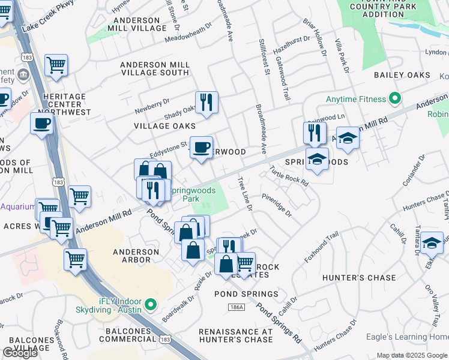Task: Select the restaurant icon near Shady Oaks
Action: pos(206,103)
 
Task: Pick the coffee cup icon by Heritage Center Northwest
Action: pos(42,124)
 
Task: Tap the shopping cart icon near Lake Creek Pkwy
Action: pos(56,65)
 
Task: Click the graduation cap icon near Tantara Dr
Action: pos(431,244)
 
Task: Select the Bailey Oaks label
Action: pos(402,75)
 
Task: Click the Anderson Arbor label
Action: pos(128,256)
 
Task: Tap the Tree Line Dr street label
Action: pos(244,193)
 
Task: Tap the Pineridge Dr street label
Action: pos(276,204)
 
